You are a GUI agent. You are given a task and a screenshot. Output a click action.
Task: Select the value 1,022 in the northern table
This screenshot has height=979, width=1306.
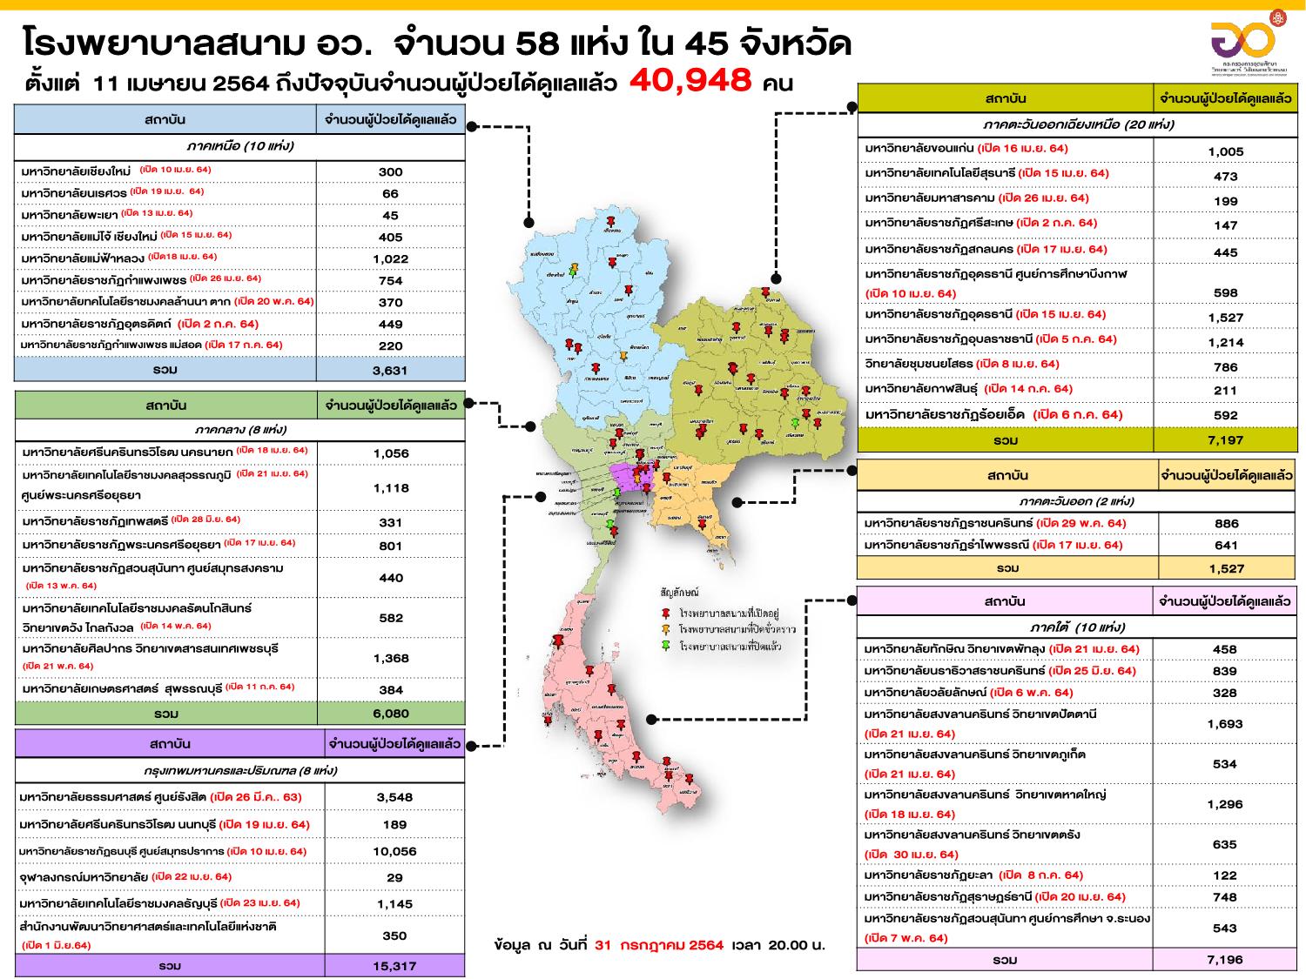coord(390,258)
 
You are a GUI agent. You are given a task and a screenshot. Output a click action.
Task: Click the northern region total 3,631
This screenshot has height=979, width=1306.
coord(390,370)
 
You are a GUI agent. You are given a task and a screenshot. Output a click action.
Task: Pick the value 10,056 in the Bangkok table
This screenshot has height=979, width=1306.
coord(394,851)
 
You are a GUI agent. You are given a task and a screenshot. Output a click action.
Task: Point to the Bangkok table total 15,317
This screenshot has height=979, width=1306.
coord(394,966)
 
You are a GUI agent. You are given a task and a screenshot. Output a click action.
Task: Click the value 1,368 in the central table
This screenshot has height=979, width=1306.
coord(391,658)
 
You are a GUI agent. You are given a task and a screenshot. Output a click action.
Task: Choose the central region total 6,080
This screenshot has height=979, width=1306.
coord(391,714)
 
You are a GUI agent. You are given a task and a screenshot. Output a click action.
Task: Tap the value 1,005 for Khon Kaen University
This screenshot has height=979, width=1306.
coord(1225,151)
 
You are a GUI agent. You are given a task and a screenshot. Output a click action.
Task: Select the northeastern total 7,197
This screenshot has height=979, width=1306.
coord(1225,440)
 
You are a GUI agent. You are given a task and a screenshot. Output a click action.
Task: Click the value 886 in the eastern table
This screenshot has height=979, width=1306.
coord(1225,523)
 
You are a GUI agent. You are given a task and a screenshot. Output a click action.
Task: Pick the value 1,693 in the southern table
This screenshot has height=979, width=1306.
coord(1224,723)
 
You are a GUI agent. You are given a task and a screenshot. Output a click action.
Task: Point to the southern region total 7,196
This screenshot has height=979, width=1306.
coord(1224,959)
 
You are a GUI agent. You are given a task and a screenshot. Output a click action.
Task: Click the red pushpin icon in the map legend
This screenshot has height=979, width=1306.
coord(666,614)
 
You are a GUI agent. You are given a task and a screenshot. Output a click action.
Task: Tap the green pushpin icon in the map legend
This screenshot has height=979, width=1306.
coord(666,646)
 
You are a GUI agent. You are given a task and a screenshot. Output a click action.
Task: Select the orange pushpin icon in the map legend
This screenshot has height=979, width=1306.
coord(666,629)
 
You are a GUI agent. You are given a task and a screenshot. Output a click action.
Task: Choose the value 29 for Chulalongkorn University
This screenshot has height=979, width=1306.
coord(394,877)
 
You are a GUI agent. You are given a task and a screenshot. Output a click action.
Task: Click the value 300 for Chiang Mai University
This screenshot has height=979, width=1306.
coord(390,171)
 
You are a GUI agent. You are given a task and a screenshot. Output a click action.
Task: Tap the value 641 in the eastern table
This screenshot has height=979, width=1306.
coord(1225,546)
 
